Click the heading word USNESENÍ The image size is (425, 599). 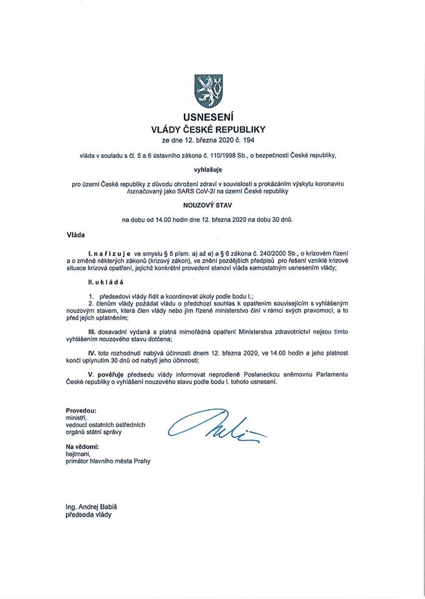point(212,117)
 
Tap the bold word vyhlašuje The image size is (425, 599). point(212,168)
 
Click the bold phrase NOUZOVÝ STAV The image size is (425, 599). point(212,203)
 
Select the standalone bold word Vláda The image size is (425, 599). point(76,235)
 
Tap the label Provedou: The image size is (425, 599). point(81,410)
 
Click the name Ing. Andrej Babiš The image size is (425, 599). point(96,507)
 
